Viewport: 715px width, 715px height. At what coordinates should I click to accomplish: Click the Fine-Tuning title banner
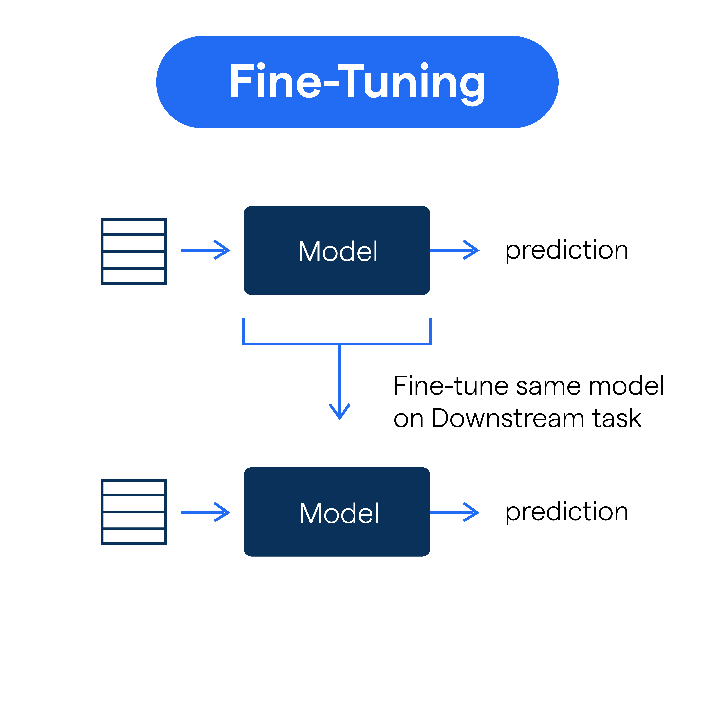(x=357, y=82)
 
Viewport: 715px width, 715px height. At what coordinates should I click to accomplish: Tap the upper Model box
(x=337, y=251)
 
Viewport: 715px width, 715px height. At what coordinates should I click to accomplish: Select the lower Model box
(x=337, y=512)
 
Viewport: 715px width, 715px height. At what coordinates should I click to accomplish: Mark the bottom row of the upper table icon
(x=134, y=276)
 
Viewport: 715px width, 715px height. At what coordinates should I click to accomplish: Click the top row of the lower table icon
(x=134, y=487)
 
